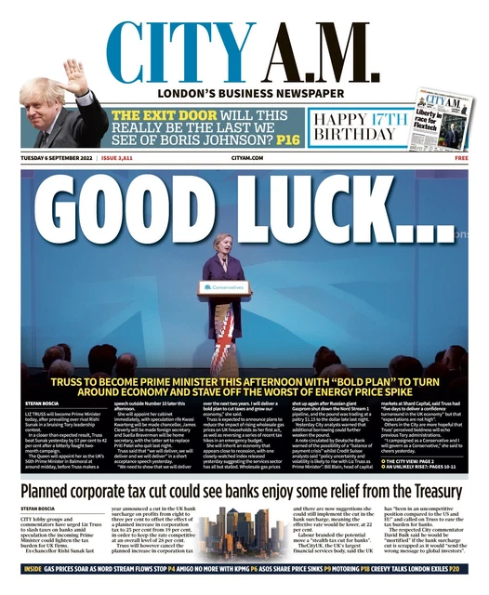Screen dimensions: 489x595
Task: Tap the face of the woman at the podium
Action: pos(222,246)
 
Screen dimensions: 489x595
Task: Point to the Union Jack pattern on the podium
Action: pos(223,335)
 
